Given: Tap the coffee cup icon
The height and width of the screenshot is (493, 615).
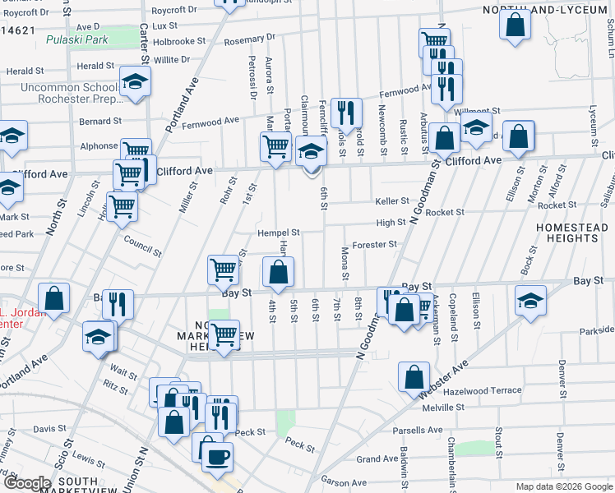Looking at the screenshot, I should pyautogui.click(x=217, y=457).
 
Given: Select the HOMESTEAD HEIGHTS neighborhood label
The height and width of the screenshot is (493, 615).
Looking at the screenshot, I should pyautogui.click(x=566, y=232).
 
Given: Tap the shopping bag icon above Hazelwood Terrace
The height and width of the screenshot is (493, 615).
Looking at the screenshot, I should pyautogui.click(x=414, y=376).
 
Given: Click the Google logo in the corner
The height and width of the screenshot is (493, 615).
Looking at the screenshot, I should pyautogui.click(x=27, y=483).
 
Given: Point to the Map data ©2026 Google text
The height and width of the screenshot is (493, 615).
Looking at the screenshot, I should pyautogui.click(x=564, y=486).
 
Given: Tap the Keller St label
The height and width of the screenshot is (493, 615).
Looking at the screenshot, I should pyautogui.click(x=392, y=200).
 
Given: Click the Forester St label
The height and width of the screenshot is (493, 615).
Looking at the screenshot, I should pyautogui.click(x=374, y=244).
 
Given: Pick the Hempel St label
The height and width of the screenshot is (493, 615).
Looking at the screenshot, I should pyautogui.click(x=278, y=233).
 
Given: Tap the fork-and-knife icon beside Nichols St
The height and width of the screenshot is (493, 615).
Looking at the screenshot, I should pyautogui.click(x=346, y=113).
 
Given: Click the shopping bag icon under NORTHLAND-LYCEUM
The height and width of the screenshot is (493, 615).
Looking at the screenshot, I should pyautogui.click(x=515, y=24).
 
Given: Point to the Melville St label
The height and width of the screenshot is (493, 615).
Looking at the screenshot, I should pyautogui.click(x=443, y=407).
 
